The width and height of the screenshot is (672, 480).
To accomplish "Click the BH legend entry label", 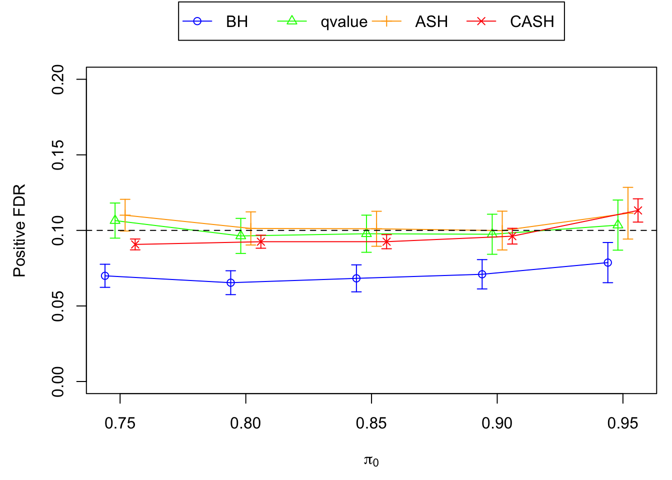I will pos(237,22).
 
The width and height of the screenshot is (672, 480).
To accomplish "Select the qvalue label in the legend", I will pos(344,22).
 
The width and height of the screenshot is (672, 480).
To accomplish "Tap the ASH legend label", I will pos(431,22).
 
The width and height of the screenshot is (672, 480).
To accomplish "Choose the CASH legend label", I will pos(532,22).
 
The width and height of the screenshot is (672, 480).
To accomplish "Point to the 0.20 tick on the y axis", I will pos(58,79).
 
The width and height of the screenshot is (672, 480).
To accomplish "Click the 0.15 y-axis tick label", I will pos(58,155).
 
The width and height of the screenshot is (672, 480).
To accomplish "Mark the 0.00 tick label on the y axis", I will pos(58,381).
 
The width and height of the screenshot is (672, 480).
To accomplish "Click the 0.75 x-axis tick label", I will pos(120,424).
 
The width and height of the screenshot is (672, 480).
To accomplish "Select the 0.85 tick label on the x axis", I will pos(371,424).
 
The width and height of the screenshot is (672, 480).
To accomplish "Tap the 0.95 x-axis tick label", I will pos(622,424).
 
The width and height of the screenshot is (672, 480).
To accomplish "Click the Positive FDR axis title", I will pos(19,230).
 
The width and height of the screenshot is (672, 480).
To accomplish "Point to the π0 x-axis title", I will pos(371,460).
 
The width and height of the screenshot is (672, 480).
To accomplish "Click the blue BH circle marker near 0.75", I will pos(105,276).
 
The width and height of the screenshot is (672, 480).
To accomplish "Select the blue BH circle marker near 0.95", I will pos(608,262).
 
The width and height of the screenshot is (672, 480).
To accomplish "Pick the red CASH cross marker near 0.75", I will pos(135,244).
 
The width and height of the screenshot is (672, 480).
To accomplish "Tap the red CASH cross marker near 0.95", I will pos(638,210).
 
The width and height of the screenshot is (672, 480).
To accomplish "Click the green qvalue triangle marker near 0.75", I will pos(115,220).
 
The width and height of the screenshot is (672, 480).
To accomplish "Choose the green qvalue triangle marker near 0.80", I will pos(241,235).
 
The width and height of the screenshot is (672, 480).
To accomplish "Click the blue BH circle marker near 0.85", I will pos(356,278).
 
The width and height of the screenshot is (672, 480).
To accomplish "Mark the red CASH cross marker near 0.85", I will pos(386,242).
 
